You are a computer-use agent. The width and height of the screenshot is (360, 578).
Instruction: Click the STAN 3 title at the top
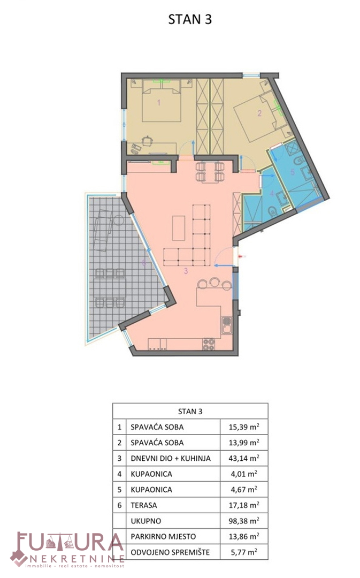pos(190,19)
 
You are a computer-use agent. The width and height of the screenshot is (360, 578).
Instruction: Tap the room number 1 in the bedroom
pos(159,102)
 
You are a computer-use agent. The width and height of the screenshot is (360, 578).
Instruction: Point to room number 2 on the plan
pos(259,113)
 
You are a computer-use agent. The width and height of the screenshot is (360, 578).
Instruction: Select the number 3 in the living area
pos(186,271)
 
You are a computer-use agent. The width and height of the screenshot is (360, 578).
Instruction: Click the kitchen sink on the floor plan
pos(227,325)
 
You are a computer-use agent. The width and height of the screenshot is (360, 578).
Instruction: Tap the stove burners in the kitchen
pos(209,344)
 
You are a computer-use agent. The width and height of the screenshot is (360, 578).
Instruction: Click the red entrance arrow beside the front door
pos(242,256)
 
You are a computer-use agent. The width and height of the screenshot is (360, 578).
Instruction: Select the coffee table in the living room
pos(179,228)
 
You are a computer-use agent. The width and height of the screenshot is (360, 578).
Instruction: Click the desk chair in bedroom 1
pos(148,141)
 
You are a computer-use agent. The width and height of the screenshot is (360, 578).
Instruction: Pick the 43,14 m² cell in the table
pos(244,458)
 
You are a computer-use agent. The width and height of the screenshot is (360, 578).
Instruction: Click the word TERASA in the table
pos(144,505)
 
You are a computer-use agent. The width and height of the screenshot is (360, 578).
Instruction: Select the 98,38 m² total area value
pos(244,521)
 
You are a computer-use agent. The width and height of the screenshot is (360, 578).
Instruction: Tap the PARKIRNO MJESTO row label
pos(163,537)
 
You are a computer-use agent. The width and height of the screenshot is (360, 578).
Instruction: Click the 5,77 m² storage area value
pos(244,552)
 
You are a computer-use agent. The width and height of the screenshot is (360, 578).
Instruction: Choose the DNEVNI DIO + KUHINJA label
pos(171,459)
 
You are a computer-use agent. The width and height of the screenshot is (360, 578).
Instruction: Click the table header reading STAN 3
pos(190,412)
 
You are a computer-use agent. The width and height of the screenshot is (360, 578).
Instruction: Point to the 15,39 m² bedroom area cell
pos(244,427)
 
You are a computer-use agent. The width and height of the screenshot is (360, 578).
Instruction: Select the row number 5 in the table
pos(119,490)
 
